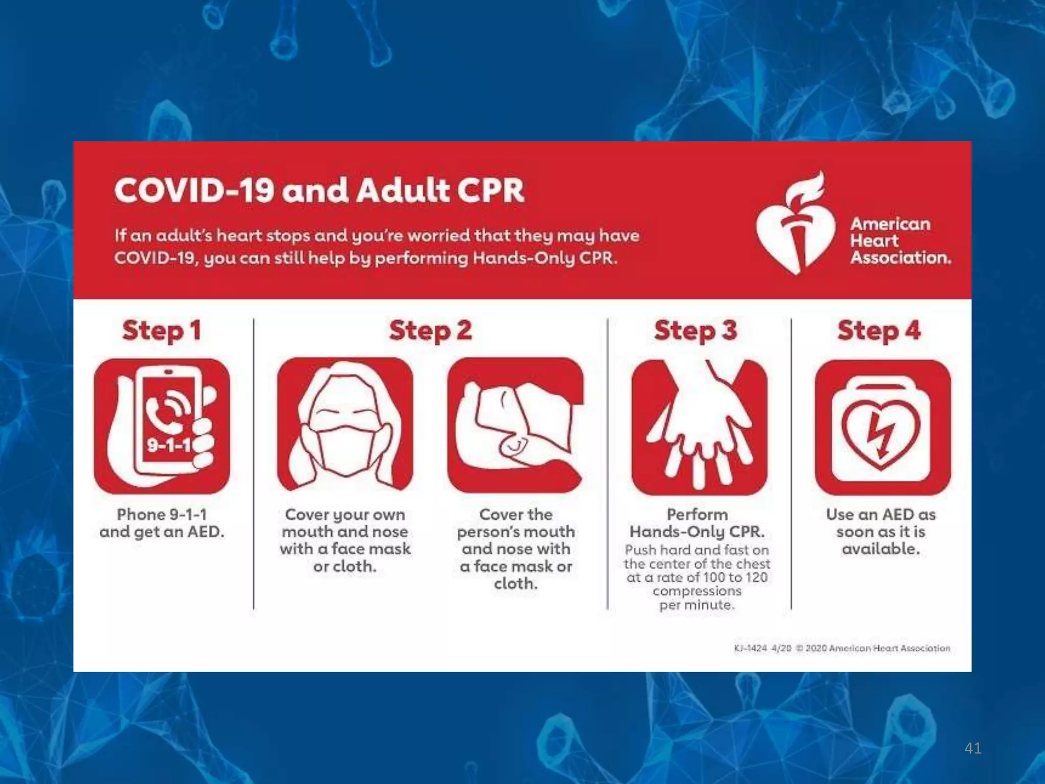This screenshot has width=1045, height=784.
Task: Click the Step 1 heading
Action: [x=161, y=330]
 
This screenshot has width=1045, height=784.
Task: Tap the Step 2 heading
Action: [x=430, y=330]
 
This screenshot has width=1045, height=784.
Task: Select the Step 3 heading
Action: [x=695, y=330]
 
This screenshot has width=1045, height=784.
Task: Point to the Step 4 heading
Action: [x=879, y=330]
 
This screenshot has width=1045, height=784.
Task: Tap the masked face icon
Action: [x=345, y=425]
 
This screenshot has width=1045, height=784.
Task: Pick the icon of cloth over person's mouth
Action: [x=515, y=425]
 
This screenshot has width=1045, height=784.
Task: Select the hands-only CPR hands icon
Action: [x=699, y=427]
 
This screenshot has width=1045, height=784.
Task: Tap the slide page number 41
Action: [x=973, y=748]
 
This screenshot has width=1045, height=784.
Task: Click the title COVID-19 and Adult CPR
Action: [x=319, y=190]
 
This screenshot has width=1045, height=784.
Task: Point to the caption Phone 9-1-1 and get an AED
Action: [x=162, y=523]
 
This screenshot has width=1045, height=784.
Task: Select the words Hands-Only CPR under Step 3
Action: [x=697, y=531]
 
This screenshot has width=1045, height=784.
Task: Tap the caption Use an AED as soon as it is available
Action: [x=881, y=531]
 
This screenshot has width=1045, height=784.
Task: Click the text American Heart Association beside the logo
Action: [x=900, y=240]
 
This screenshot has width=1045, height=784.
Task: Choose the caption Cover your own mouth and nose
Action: [x=345, y=540]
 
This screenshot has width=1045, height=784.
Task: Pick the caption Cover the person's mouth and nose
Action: [x=516, y=548]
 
